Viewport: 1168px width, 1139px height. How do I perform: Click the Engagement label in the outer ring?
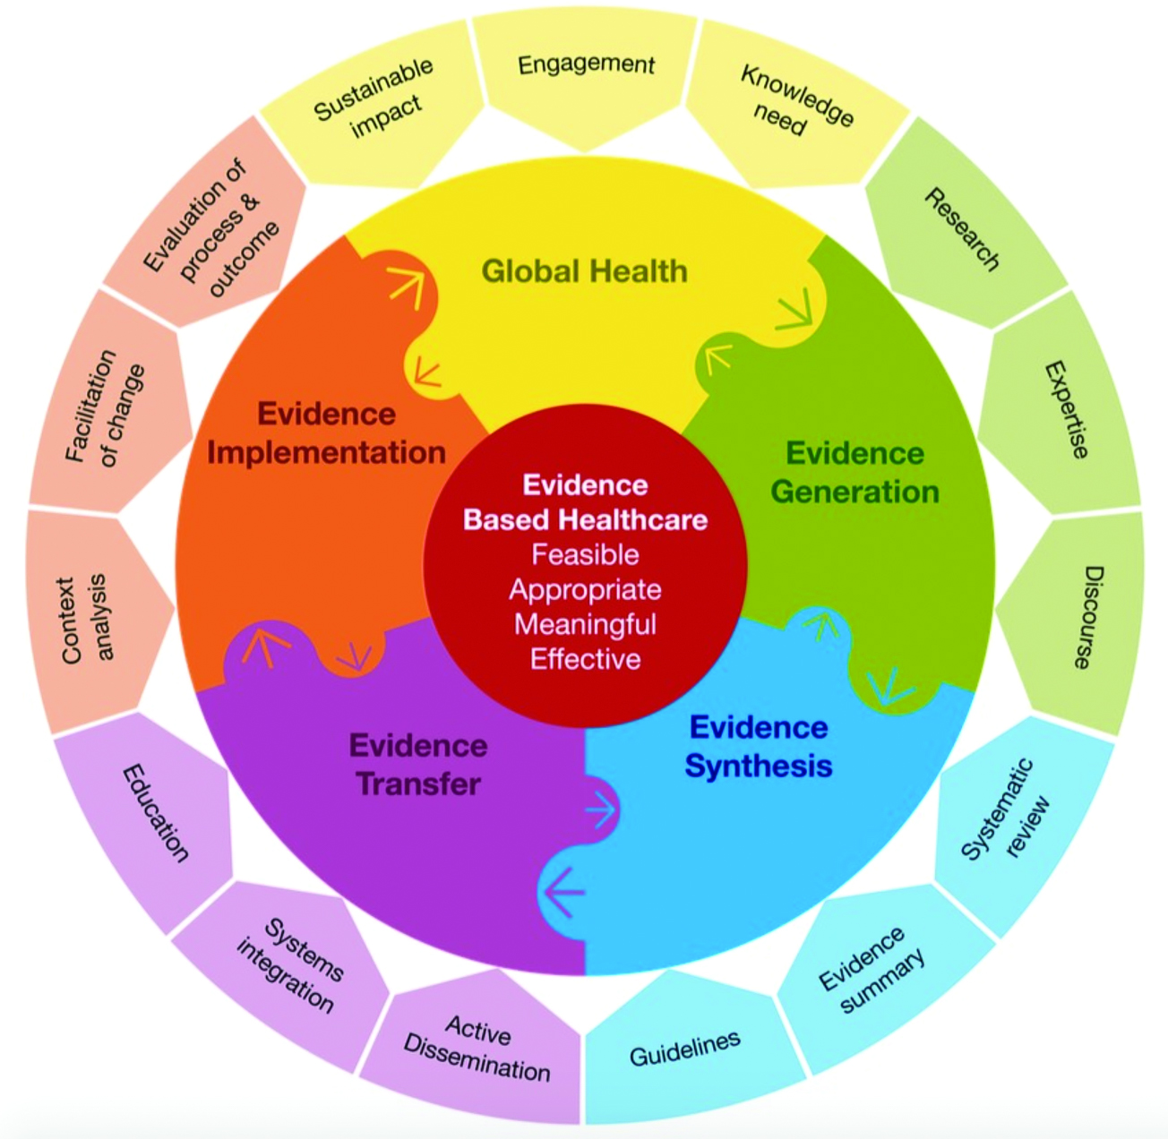pyautogui.click(x=586, y=65)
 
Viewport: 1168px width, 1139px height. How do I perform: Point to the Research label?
pyautogui.click(x=962, y=228)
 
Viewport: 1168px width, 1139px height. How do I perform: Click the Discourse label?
pyautogui.click(x=1087, y=617)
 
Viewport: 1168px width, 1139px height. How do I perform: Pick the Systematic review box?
pyautogui.click(x=1005, y=810)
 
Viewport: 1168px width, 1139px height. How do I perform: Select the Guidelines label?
pyautogui.click(x=685, y=1049)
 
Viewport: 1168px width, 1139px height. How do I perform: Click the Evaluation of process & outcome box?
pyautogui.click(x=211, y=228)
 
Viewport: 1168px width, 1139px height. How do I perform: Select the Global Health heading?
pyautogui.click(x=584, y=270)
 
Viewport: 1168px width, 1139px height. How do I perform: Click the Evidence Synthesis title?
pyautogui.click(x=759, y=747)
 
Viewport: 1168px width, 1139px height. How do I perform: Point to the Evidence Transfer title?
pyautogui.click(x=418, y=765)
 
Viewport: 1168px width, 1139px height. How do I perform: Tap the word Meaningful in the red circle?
pyautogui.click(x=585, y=624)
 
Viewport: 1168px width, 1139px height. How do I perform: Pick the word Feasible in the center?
pyautogui.click(x=585, y=554)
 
